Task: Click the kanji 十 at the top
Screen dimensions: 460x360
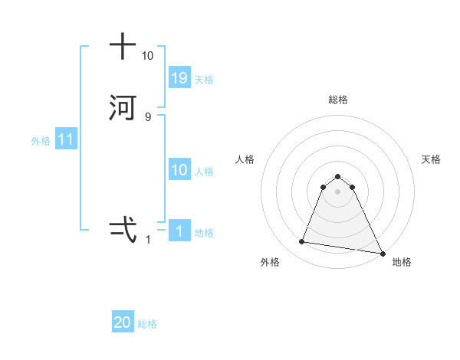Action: point(123,46)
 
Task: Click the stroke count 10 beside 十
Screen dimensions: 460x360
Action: point(147,56)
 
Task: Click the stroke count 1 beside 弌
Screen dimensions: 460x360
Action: point(148,240)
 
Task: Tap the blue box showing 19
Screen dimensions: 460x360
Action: point(179,78)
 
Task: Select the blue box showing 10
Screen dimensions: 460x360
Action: point(179,170)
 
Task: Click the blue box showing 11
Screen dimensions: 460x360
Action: point(66,140)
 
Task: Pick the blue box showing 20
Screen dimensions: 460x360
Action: point(123,323)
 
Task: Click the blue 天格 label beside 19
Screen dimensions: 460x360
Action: point(204,80)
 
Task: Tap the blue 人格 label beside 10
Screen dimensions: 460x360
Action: point(204,172)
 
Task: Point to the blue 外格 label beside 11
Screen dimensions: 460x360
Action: point(41,141)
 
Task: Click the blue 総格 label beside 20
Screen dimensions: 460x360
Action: point(147,325)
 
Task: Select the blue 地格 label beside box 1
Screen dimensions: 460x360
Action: point(204,233)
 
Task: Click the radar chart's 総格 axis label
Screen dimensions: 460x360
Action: point(338,100)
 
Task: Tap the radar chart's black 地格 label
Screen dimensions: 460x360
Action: point(402,262)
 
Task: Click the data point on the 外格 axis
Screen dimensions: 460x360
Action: point(302,242)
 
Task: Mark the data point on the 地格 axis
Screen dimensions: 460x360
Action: point(382,252)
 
